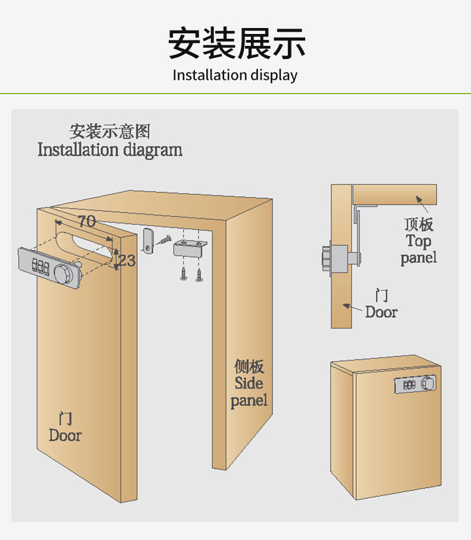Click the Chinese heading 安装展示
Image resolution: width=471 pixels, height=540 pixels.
[236, 43]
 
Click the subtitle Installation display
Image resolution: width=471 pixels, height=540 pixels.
[235, 75]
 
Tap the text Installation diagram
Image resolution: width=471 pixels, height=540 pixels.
[110, 150]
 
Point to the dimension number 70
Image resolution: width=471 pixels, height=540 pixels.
[87, 221]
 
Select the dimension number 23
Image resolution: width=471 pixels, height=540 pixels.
[126, 260]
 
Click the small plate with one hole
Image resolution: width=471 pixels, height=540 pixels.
[148, 239]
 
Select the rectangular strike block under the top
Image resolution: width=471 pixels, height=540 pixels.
[187, 248]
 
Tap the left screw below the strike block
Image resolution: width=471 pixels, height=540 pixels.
[183, 273]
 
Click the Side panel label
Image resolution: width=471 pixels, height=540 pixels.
[249, 383]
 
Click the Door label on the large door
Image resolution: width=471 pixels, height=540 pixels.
[66, 427]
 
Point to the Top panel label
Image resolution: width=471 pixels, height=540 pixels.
[419, 241]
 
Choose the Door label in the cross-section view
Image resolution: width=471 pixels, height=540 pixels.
[381, 304]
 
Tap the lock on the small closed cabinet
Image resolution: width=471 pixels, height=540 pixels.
[415, 384]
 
